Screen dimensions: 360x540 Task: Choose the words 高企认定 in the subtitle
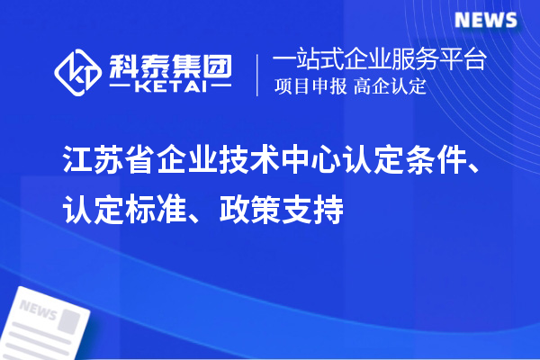point(391,87)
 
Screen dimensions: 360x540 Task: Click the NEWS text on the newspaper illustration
point(39,311)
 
